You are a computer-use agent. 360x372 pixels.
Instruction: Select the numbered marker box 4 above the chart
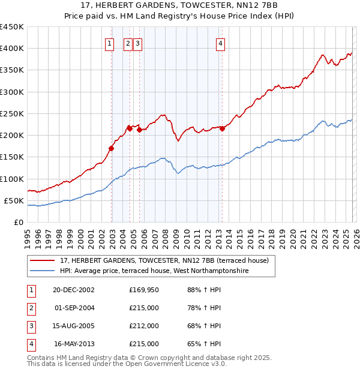click(x=221, y=43)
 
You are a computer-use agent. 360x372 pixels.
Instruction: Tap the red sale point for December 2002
click(x=112, y=148)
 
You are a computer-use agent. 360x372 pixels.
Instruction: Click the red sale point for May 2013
click(x=222, y=128)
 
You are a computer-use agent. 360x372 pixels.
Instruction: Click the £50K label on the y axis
click(x=14, y=200)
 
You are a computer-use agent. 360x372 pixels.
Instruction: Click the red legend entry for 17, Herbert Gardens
click(x=160, y=260)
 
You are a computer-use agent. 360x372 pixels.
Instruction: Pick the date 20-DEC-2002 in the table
click(x=73, y=290)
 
